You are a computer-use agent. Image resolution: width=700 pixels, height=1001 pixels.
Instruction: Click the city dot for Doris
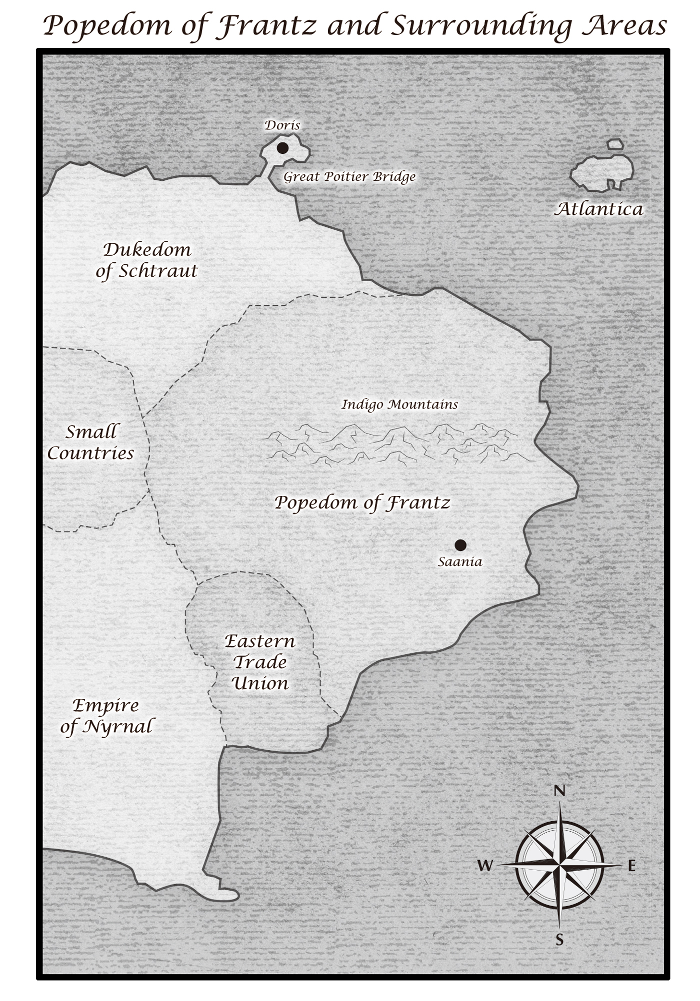pyautogui.click(x=282, y=148)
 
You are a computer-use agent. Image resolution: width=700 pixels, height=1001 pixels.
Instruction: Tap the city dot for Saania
pyautogui.click(x=460, y=545)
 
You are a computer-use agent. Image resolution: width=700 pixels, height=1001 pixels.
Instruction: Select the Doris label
pyautogui.click(x=282, y=125)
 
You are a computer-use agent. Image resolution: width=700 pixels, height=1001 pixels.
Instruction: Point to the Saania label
pyautogui.click(x=460, y=562)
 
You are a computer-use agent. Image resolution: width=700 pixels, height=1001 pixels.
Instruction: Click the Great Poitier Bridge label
pyautogui.click(x=349, y=177)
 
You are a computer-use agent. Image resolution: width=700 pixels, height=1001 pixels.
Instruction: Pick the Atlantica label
pyautogui.click(x=598, y=209)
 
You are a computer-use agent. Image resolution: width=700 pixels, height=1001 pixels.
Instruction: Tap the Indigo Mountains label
pyautogui.click(x=399, y=405)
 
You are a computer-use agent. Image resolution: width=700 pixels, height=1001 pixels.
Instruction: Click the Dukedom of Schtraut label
pyautogui.click(x=147, y=260)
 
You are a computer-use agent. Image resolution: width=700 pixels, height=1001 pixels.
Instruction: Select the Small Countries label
pyautogui.click(x=91, y=442)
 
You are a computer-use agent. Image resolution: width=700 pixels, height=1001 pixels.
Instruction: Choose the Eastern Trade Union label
pyautogui.click(x=260, y=662)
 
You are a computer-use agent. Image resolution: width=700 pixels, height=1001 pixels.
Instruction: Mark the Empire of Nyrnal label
pyautogui.click(x=106, y=716)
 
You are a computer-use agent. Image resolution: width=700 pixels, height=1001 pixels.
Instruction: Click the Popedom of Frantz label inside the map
pyautogui.click(x=362, y=502)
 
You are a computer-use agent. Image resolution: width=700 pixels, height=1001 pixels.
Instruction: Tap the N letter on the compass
pyautogui.click(x=559, y=791)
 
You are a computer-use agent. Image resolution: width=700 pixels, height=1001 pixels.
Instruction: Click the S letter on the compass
pyautogui.click(x=559, y=940)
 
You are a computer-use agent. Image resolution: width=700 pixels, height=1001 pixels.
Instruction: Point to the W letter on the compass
pyautogui.click(x=485, y=866)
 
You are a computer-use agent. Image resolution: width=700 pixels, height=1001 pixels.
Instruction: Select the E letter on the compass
pyautogui.click(x=631, y=866)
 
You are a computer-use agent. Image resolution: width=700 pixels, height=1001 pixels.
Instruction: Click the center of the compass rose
pyautogui.click(x=559, y=865)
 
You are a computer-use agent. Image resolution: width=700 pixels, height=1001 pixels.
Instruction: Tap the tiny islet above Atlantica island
pyautogui.click(x=615, y=144)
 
